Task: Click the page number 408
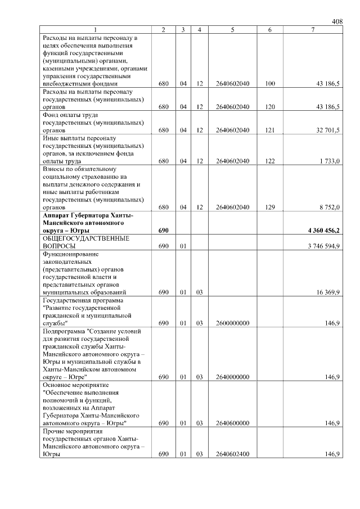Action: (337, 21)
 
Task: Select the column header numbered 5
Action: (232, 29)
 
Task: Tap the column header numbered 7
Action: (312, 29)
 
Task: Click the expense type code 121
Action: (269, 130)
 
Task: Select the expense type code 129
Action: (269, 207)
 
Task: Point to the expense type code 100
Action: (269, 84)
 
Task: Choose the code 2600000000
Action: (232, 323)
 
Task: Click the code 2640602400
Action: (232, 454)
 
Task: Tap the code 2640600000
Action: (232, 423)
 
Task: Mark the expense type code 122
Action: (269, 161)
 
